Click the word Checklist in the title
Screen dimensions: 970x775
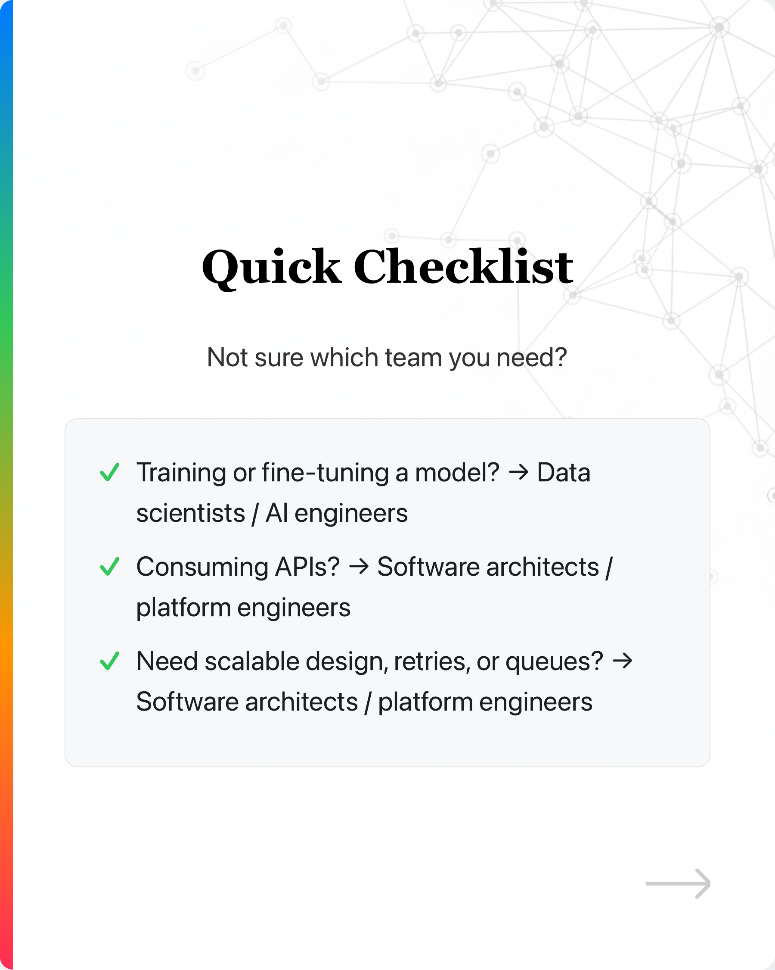(463, 267)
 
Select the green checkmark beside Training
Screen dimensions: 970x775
(109, 472)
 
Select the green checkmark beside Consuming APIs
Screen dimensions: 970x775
(109, 567)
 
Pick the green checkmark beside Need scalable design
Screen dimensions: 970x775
(109, 661)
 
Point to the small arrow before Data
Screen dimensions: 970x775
(518, 473)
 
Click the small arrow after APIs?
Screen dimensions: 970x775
(359, 568)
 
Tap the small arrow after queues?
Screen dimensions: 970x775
(623, 661)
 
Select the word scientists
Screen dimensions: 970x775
(191, 513)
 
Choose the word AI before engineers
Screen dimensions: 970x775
(276, 513)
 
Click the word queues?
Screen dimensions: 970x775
(554, 662)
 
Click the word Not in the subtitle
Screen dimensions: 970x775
(227, 358)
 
